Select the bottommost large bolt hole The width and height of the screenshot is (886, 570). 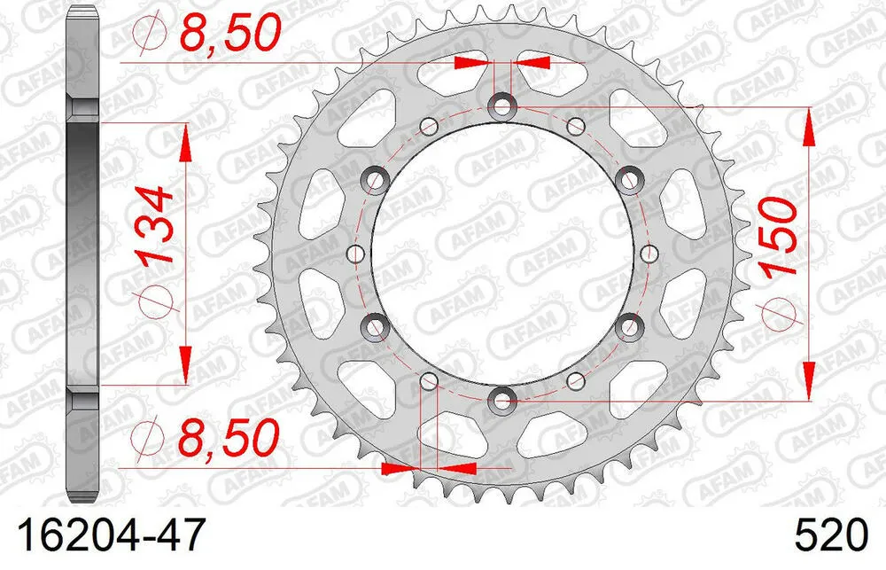point(502,400)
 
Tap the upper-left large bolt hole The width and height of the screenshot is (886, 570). point(376,181)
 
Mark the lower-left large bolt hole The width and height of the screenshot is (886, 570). point(376,327)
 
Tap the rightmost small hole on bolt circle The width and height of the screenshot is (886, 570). point(649,254)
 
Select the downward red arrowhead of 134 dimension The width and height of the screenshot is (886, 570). point(185,365)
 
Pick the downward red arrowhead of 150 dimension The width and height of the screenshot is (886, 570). point(808,379)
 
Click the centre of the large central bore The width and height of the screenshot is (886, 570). point(502,254)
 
